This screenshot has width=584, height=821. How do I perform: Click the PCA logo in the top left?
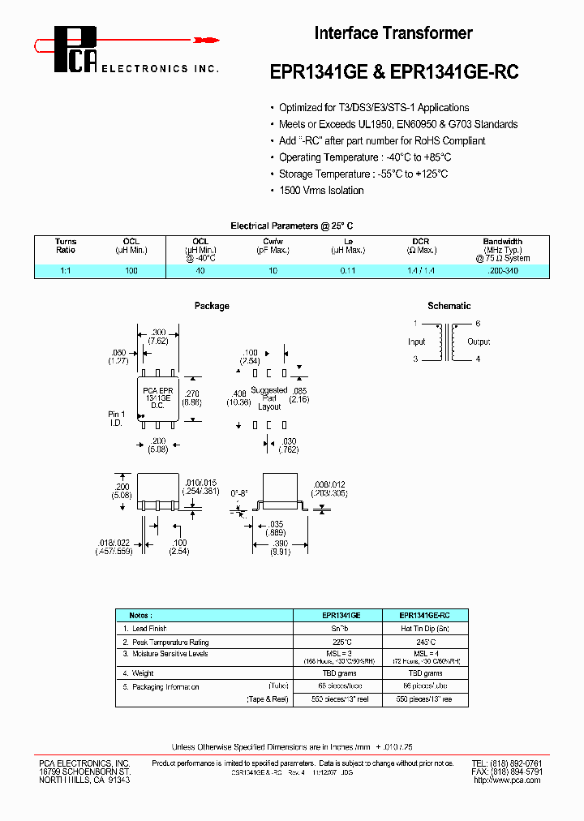pyautogui.click(x=77, y=51)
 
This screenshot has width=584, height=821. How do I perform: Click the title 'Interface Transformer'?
pyautogui.click(x=393, y=33)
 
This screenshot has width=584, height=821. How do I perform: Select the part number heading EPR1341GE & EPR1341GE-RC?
pyautogui.click(x=393, y=71)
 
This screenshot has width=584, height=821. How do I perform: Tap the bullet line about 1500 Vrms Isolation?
pyautogui.click(x=321, y=190)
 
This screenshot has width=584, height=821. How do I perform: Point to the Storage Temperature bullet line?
pyautogui.click(x=363, y=174)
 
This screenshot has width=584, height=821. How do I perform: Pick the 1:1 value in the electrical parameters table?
pyautogui.click(x=66, y=271)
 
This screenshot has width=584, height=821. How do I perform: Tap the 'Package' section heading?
pyautogui.click(x=212, y=306)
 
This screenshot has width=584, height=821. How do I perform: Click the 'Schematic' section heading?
pyautogui.click(x=449, y=306)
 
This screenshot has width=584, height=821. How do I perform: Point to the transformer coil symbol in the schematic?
pyautogui.click(x=446, y=342)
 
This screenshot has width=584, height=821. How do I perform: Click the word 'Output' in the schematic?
pyautogui.click(x=478, y=342)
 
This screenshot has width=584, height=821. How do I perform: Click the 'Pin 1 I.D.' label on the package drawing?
pyautogui.click(x=117, y=419)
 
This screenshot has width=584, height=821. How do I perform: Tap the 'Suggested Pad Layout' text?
pyautogui.click(x=269, y=398)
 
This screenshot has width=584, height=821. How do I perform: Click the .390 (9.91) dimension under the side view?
pyautogui.click(x=281, y=548)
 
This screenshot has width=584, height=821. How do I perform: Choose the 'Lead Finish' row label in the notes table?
pyautogui.click(x=149, y=629)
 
